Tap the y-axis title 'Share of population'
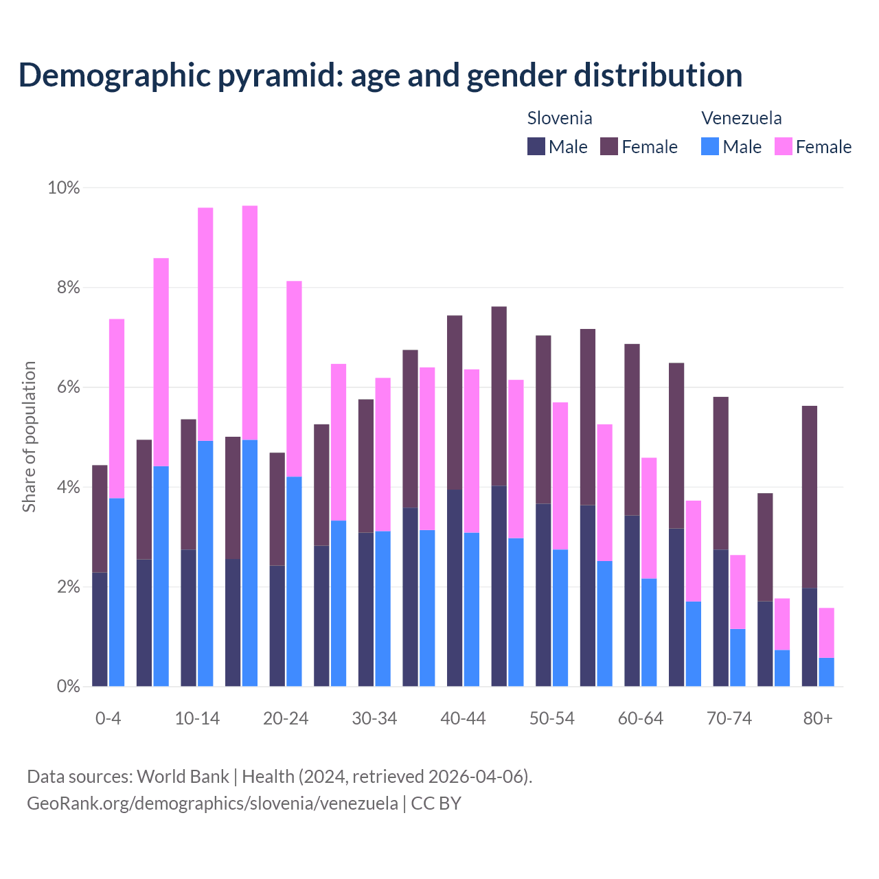tap(29, 437)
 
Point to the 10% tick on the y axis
tap(63, 187)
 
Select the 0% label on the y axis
tap(67, 686)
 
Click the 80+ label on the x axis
tap(818, 718)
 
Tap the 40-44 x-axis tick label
tap(463, 718)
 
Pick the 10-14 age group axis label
tap(197, 718)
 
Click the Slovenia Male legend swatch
tap(536, 146)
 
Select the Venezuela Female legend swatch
tap(783, 146)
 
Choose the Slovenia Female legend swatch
tap(609, 146)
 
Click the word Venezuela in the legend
tap(741, 118)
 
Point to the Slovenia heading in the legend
tap(559, 118)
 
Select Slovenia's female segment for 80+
tap(810, 496)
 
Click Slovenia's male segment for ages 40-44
tap(455, 588)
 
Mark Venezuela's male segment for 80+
tap(827, 672)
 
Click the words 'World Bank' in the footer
tap(183, 777)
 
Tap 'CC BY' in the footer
tap(436, 803)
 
